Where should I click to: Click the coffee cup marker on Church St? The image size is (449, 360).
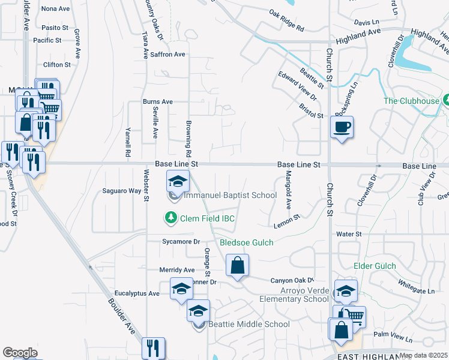tap(342, 128)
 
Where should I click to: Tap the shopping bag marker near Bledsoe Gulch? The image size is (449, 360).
tap(238, 265)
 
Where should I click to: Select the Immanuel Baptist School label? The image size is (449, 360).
tap(231, 195)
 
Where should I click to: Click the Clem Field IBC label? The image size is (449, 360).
tap(208, 218)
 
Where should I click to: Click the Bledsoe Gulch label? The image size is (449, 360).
tap(246, 242)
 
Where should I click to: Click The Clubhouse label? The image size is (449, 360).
tap(411, 101)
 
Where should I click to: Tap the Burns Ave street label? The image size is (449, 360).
tap(157, 102)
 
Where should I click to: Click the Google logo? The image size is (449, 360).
tap(20, 353)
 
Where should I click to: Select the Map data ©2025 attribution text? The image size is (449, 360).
tap(423, 355)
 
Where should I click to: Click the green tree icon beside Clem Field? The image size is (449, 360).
tap(172, 217)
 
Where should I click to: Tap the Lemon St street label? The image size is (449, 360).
tap(286, 221)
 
